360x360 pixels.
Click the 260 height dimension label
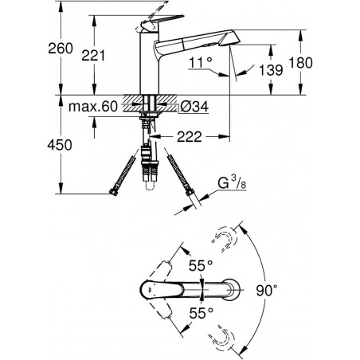click(x=61, y=49)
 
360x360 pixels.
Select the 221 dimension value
click(x=93, y=56)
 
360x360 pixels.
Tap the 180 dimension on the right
click(x=300, y=63)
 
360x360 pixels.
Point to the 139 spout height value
click(x=271, y=70)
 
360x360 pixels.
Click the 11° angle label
click(x=201, y=63)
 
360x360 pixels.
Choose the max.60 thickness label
click(x=93, y=107)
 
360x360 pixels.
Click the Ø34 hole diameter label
click(x=194, y=107)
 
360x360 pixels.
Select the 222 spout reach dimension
click(x=190, y=137)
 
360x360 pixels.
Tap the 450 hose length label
click(x=60, y=145)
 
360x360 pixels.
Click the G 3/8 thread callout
click(x=232, y=183)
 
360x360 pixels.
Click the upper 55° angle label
click(x=201, y=265)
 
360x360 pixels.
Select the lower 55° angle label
click(x=201, y=313)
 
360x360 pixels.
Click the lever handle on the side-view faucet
click(x=160, y=22)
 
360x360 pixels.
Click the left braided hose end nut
click(x=113, y=192)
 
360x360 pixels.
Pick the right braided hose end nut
click(x=190, y=192)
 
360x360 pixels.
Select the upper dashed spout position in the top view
click(x=225, y=239)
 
